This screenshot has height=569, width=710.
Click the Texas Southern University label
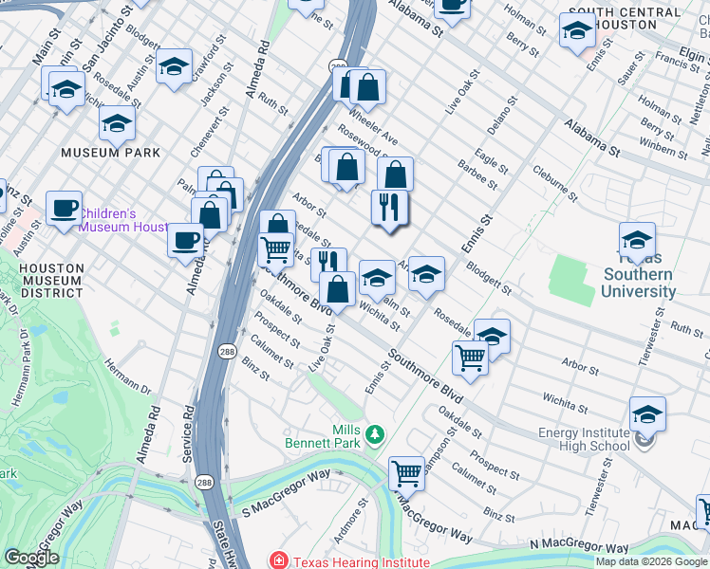(638, 274)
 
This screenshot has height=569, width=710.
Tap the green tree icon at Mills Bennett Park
(376, 433)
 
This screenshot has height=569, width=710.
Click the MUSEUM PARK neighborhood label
(103, 152)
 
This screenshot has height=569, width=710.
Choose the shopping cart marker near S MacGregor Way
(406, 471)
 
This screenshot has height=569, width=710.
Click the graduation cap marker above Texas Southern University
(637, 239)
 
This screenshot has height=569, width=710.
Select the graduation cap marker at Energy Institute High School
(647, 414)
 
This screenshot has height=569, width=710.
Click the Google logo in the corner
(31, 558)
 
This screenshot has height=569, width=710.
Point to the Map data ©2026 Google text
(651, 561)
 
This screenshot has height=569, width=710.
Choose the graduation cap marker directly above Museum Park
(117, 123)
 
